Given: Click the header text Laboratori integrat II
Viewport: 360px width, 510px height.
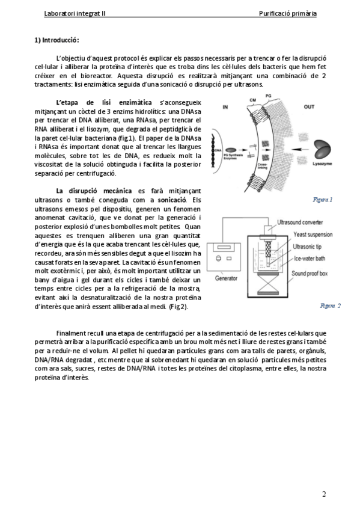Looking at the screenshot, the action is coord(75,13).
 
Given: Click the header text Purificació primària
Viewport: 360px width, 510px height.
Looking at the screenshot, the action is coord(287,13).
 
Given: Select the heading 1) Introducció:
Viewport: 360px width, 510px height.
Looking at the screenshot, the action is coord(57,40).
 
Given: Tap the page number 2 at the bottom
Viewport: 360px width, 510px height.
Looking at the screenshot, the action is coord(324,494).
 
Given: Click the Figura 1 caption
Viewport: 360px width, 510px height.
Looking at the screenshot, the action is coord(322,200).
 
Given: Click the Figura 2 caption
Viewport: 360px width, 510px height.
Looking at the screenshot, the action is coord(330,306).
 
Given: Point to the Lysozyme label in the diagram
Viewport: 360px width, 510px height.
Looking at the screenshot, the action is coord(322,164).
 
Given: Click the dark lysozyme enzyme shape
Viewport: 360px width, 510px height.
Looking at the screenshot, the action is coord(322,150).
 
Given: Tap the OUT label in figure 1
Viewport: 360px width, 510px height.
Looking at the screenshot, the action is coord(309,106).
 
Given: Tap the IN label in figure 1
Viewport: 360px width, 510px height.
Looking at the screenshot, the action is coord(225,106).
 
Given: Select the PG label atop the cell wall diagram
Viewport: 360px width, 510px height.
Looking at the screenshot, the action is coord(269,96).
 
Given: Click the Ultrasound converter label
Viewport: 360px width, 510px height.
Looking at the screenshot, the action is coord(300,223).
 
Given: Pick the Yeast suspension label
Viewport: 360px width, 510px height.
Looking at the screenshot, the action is coord(313,235).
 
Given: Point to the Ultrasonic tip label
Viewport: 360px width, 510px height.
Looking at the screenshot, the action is coord(307,247).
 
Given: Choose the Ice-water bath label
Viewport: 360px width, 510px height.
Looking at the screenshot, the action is coord(310,259).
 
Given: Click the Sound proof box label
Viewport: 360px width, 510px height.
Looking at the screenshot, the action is coord(310,274).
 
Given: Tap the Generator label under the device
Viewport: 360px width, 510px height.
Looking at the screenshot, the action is coord(226,278).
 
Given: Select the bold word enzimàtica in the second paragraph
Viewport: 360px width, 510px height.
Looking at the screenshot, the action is coord(135,102).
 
